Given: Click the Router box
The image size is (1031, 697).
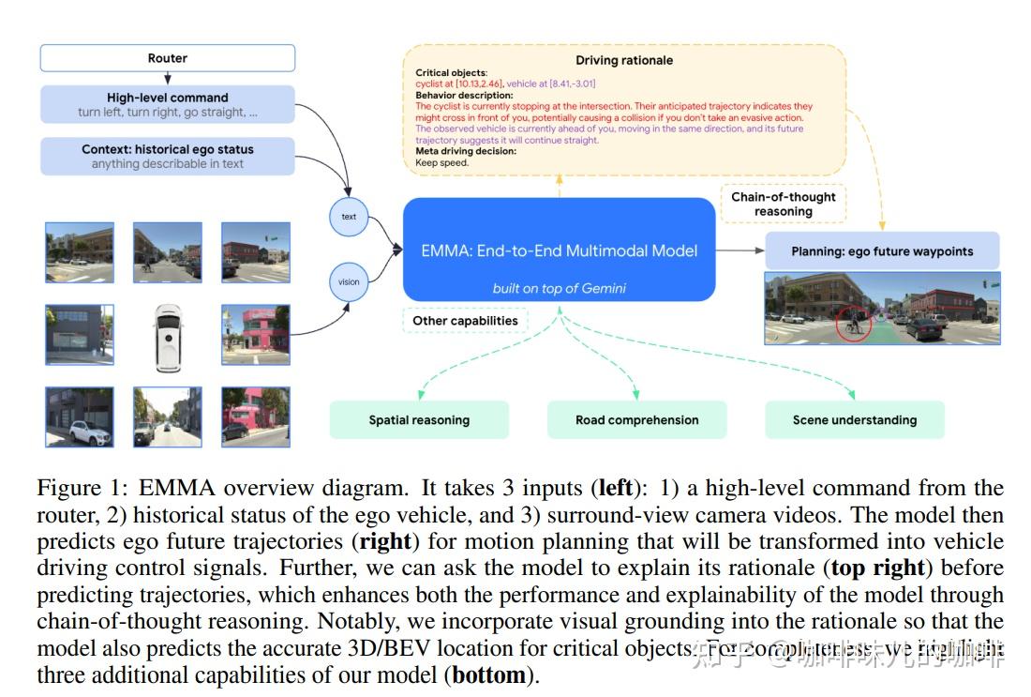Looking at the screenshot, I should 167,58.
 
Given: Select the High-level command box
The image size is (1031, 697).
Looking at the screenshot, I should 167,104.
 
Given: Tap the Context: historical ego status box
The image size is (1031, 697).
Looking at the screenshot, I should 167,156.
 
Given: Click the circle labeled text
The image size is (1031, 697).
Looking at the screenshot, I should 349,217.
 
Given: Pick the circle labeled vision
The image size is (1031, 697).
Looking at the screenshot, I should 349,281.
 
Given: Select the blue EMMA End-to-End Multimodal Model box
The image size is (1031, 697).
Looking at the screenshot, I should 560,250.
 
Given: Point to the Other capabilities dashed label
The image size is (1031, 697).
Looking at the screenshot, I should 465,321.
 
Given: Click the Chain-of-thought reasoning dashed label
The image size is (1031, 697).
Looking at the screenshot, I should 784,204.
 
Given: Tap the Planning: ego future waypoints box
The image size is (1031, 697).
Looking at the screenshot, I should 882,251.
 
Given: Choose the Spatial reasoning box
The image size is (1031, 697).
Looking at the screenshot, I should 419,420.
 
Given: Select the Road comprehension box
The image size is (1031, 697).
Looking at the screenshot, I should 636,420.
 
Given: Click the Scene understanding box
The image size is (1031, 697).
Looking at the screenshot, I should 854,420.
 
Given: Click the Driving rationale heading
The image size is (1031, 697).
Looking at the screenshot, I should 624,60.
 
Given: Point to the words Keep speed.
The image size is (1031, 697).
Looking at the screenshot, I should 442,162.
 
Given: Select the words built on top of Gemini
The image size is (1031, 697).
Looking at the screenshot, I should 559,288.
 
